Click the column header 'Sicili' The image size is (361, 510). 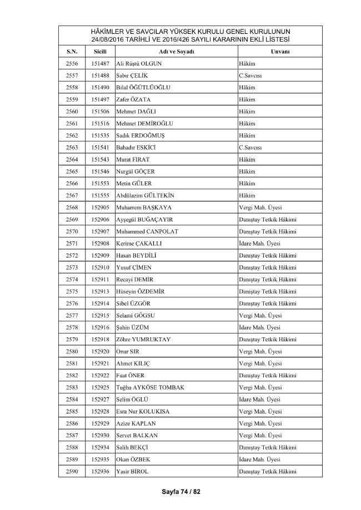point(100,51)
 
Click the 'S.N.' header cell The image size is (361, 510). point(72,51)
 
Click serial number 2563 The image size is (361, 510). point(72,148)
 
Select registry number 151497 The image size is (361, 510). point(100,99)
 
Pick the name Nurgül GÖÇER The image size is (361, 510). point(136,171)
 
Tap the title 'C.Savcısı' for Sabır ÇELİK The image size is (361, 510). point(250,75)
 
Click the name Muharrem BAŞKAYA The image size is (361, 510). point(143,208)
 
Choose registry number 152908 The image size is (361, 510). point(100,244)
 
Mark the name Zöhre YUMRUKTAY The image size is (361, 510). point(144,340)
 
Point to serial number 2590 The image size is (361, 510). point(72,472)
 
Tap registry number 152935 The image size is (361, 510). point(100,459)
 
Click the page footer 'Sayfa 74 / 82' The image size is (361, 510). point(180,491)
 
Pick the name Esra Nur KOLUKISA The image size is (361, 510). point(143,412)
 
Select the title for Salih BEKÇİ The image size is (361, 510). point(267,447)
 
